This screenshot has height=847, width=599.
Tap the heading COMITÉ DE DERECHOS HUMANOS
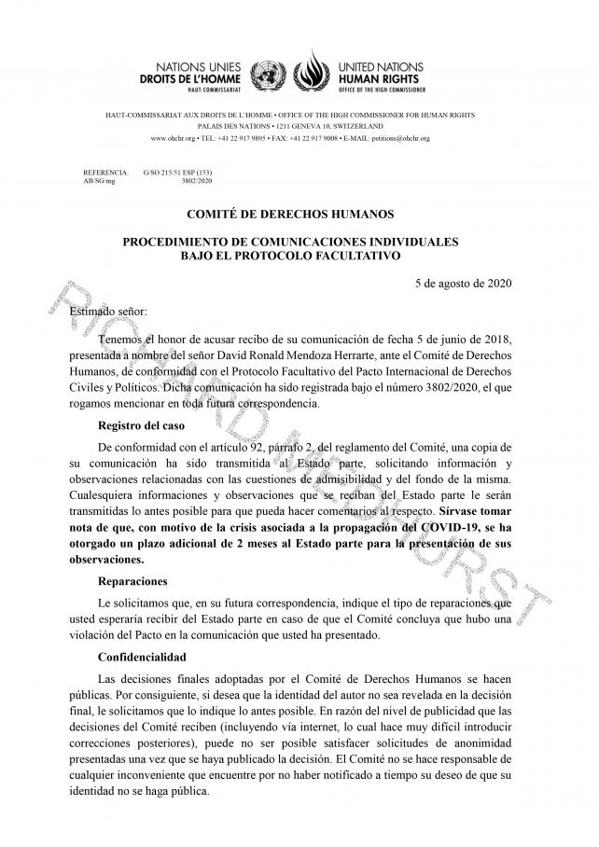(x=290, y=215)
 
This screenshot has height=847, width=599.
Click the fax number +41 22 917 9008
(x=311, y=138)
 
